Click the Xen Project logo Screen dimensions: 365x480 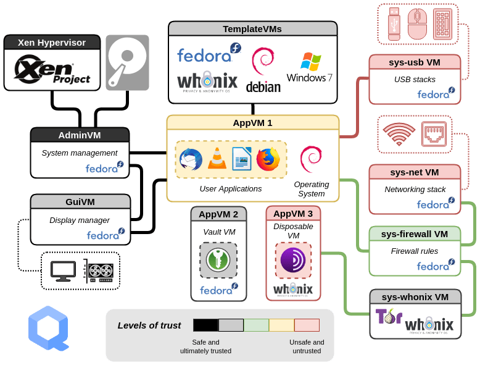pyautogui.click(x=52, y=69)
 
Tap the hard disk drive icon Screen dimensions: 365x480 pyautogui.click(x=127, y=62)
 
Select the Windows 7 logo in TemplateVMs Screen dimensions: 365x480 pyautogui.click(x=310, y=67)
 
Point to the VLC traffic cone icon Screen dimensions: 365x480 pyautogui.click(x=216, y=159)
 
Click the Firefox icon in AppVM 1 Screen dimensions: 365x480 pyautogui.click(x=267, y=159)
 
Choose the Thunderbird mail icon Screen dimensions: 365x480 pyautogui.click(x=191, y=159)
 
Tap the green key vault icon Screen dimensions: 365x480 pyautogui.click(x=218, y=260)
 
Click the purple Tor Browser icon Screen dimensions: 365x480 pyautogui.click(x=293, y=260)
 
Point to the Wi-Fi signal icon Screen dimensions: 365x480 pyautogui.click(x=399, y=133)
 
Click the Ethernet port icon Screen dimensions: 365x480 pyautogui.click(x=434, y=133)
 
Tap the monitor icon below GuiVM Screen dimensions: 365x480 pyautogui.click(x=63, y=270)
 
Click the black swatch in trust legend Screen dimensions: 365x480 pyautogui.click(x=205, y=325)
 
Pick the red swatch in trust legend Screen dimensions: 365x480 pyautogui.click(x=307, y=325)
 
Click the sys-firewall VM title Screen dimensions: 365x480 pyautogui.click(x=415, y=233)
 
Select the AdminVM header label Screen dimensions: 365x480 pyautogui.click(x=80, y=135)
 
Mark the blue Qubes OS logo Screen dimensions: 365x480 pyautogui.click(x=48, y=327)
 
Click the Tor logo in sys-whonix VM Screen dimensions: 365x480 pyautogui.click(x=388, y=316)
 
